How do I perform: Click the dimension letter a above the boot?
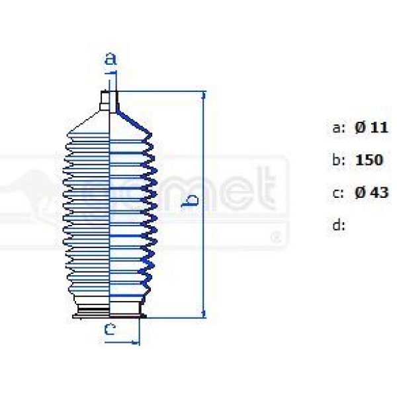111,59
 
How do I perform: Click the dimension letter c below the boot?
110,329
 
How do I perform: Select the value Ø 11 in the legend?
370,128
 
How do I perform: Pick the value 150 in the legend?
369,160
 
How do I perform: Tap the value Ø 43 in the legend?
370,193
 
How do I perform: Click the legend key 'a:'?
338,128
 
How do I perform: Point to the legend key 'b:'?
338,160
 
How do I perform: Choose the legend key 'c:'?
338,193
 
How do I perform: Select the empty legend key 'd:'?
338,226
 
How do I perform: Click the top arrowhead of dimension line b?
203,97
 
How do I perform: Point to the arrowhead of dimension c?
136,342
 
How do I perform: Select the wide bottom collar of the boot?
109,311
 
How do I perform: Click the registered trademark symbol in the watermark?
277,236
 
